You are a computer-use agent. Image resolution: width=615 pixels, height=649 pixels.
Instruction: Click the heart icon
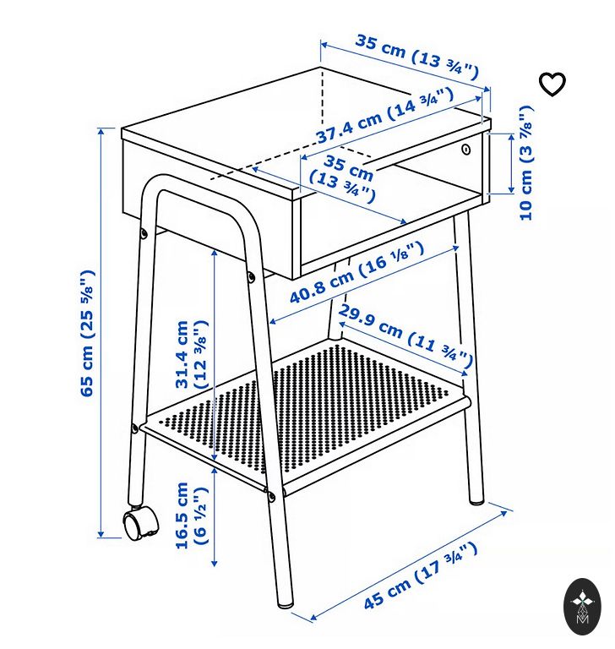tap(552, 84)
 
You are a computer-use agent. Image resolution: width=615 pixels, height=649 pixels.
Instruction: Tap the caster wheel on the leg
tap(140, 524)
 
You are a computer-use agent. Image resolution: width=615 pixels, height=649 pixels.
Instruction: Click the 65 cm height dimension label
tap(87, 333)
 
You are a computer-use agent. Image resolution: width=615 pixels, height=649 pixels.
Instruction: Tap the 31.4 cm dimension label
tap(191, 354)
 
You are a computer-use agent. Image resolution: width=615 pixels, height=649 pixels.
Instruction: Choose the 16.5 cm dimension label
tap(191, 515)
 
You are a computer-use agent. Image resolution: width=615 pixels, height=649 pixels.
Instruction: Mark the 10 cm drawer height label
tap(525, 162)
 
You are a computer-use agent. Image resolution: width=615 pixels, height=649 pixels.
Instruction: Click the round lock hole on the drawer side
tap(466, 149)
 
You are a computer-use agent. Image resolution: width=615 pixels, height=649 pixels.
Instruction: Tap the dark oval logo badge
tap(582, 607)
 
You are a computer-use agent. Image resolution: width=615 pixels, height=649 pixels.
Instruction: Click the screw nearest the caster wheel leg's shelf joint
tap(134, 428)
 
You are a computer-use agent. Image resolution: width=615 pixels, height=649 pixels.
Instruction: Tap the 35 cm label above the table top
tap(416, 57)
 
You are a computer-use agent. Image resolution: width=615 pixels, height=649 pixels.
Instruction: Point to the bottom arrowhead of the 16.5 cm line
tap(214, 563)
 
